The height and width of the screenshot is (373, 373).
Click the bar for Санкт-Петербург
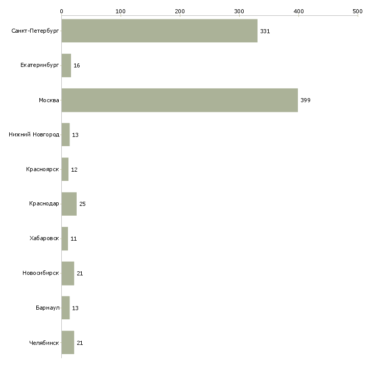(x=159, y=31)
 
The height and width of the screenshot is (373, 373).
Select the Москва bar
(x=179, y=100)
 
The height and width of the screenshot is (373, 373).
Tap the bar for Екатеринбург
(x=66, y=65)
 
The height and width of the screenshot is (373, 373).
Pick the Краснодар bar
(x=69, y=204)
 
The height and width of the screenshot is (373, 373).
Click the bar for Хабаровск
(x=65, y=239)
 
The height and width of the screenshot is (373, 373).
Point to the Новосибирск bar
(x=68, y=273)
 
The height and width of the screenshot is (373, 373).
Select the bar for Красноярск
(x=65, y=169)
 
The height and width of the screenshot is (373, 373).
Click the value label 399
(x=305, y=100)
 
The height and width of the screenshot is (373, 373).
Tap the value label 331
(x=265, y=31)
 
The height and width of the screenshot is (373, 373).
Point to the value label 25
(x=82, y=204)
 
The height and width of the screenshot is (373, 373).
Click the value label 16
(x=77, y=66)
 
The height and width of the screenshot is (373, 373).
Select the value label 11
(x=74, y=239)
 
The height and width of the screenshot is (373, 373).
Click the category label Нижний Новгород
(x=34, y=135)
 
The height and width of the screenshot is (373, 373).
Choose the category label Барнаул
(x=48, y=308)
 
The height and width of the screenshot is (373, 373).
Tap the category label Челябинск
(x=44, y=343)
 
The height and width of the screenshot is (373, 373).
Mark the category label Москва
(x=49, y=100)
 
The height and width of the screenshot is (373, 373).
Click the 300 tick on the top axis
(x=239, y=11)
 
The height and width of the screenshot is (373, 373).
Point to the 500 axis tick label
(x=357, y=11)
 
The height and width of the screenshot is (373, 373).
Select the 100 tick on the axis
(x=121, y=11)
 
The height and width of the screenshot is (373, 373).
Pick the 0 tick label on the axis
(x=61, y=11)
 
